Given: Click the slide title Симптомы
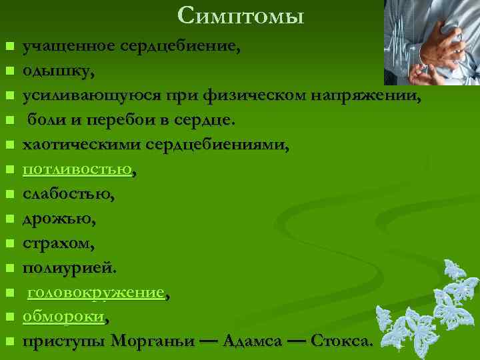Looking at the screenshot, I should click(x=241, y=15).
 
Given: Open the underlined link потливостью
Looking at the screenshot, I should click(x=77, y=169).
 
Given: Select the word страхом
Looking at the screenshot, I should click(x=55, y=243).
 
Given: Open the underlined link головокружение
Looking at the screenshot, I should click(x=95, y=293).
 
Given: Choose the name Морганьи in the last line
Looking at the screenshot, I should click(x=153, y=341).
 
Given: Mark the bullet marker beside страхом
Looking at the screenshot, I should click(x=9, y=244).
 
